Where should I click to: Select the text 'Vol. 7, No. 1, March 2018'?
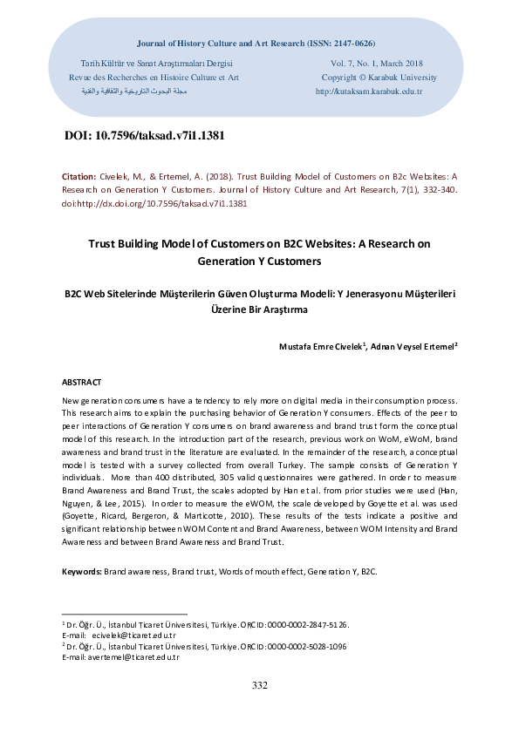point(377,64)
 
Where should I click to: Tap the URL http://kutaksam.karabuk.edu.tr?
point(369,91)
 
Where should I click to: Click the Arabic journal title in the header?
point(128,91)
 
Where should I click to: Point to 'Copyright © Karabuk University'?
point(379,77)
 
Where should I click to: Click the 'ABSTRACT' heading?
point(81,383)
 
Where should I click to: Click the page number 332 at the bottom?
point(259,686)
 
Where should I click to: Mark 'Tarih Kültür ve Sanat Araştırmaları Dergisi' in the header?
point(156,64)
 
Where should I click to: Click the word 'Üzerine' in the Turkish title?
point(230,309)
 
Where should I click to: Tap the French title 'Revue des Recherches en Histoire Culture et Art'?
point(154,77)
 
